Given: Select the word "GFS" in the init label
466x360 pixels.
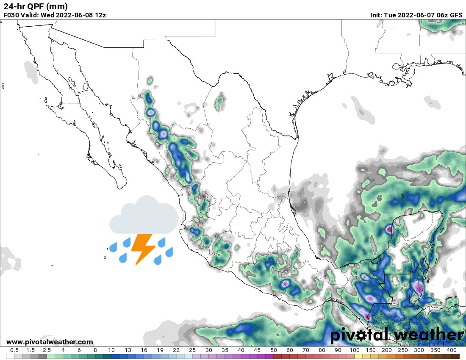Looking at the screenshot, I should pos(456,15).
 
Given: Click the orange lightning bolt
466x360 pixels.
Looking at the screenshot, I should pos(143,248).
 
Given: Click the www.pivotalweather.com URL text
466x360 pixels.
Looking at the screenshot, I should pos(50,342).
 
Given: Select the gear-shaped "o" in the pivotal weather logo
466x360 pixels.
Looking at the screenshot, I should pos(361,335).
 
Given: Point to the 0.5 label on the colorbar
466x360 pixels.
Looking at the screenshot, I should pos(14,350).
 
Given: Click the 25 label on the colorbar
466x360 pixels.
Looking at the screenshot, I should pos(192,350).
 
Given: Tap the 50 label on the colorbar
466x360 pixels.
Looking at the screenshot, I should pos(273,350).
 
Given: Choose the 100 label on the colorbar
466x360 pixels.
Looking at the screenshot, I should pos(354,350).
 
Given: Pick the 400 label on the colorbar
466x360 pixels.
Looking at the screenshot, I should pos(451,350).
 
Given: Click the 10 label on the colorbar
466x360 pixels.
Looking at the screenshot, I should pos(111,350).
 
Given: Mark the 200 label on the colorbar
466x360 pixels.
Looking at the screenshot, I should pos(387,350).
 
